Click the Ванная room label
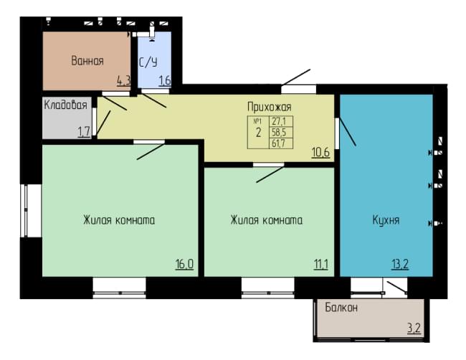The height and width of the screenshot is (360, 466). click(x=87, y=61)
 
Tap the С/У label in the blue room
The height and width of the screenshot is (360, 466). click(x=148, y=62)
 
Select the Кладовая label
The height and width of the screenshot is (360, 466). click(x=65, y=105)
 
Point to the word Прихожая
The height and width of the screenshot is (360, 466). click(x=270, y=107)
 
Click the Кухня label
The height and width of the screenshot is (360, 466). click(x=386, y=220)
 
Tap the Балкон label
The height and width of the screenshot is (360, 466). click(x=341, y=308)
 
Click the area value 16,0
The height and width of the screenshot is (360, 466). click(x=184, y=264)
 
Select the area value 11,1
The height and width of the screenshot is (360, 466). click(x=321, y=264)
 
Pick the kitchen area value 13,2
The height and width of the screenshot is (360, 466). click(x=400, y=264)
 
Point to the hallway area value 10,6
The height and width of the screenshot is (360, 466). click(x=320, y=152)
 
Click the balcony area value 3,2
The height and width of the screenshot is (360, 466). click(x=414, y=328)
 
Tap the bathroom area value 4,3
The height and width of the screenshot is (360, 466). click(x=123, y=80)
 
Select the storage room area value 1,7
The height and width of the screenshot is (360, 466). click(x=84, y=132)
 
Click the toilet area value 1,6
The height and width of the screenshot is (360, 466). click(x=165, y=80)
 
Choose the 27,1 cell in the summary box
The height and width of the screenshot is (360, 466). click(x=279, y=121)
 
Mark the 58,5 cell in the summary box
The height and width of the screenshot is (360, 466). click(x=279, y=132)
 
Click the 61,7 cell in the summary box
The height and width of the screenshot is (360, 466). click(x=279, y=143)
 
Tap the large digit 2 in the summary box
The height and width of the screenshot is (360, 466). click(x=258, y=133)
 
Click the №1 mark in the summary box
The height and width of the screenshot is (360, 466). click(x=257, y=121)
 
